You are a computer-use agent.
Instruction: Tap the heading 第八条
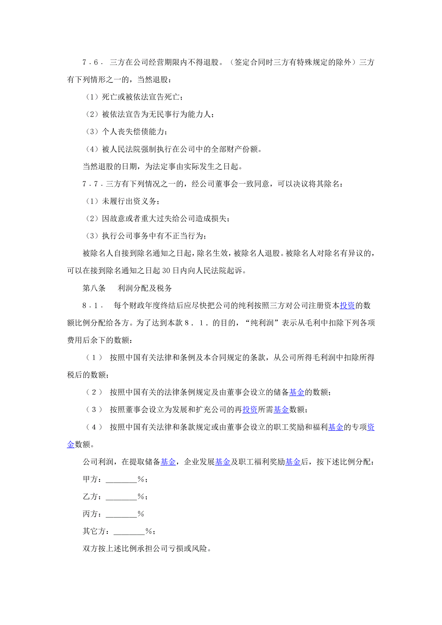[94, 288]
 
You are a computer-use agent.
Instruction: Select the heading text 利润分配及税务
[145, 288]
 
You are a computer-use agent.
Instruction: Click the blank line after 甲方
[121, 480]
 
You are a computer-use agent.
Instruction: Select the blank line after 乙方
[121, 497]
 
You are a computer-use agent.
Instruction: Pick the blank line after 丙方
[121, 514]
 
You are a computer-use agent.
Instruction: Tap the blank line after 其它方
[129, 532]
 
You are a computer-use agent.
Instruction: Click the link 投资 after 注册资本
[347, 306]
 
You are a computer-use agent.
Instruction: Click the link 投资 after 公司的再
[250, 410]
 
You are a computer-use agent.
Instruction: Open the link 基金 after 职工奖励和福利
[336, 427]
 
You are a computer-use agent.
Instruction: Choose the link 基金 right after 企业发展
[223, 462]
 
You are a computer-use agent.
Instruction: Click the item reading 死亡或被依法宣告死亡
[140, 97]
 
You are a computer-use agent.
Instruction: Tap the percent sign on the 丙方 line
[141, 514]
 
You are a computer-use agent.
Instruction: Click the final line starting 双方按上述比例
[147, 549]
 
